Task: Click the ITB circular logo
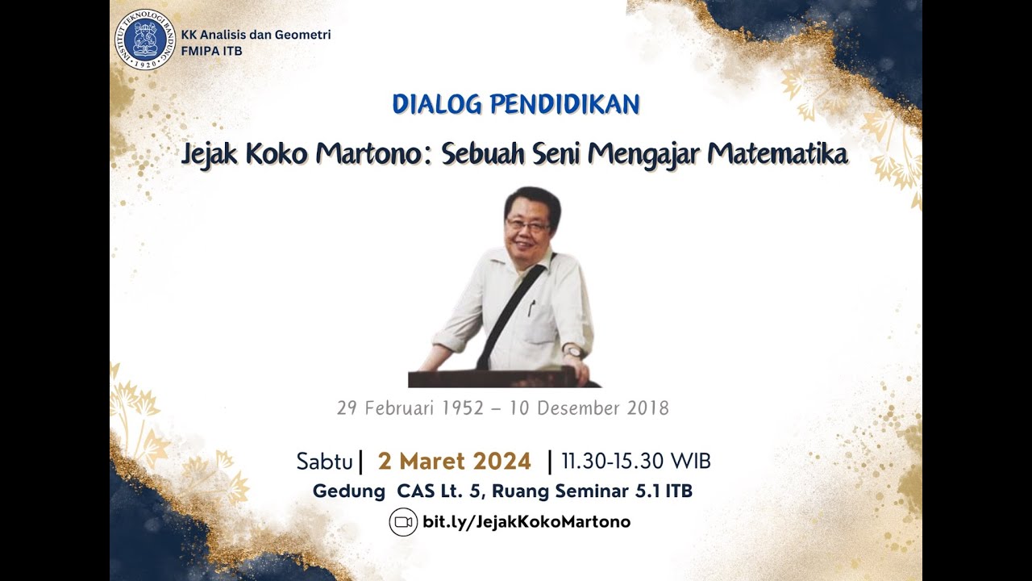coord(145,40)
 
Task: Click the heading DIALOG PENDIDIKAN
coord(516,104)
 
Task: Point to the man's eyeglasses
coord(528,224)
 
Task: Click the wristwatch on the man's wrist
coord(573,352)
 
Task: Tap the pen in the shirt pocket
coord(531,307)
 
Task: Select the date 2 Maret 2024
coord(455,462)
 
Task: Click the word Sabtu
coord(325,462)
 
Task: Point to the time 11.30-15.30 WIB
coord(636,462)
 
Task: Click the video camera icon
coord(403,522)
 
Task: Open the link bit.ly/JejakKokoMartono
coord(526,522)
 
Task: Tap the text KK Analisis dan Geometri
coord(256,35)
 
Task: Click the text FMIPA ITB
coord(211,52)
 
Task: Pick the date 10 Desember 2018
coord(589,408)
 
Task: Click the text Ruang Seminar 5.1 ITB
coord(593,491)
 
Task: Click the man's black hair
coord(532,198)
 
